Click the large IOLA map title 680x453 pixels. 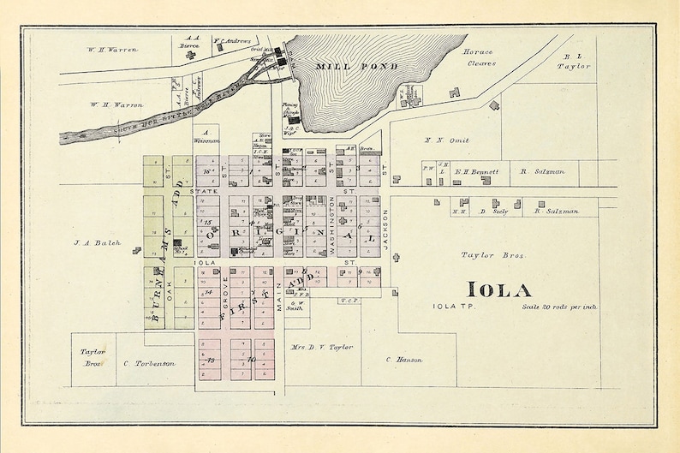[500, 289]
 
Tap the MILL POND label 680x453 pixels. [344, 66]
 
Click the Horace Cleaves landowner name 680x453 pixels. [479, 57]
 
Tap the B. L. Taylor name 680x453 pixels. [575, 59]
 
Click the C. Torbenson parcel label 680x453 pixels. [155, 363]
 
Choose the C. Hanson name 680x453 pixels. [404, 360]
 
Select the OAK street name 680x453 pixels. [170, 290]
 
